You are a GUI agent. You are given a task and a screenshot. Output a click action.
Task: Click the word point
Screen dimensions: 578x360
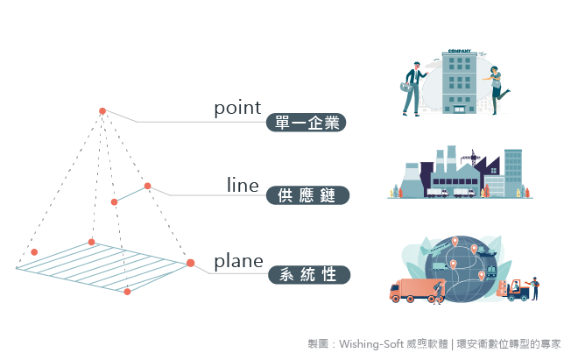pyautogui.click(x=237, y=109)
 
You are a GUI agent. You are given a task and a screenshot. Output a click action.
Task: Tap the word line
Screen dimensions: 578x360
pyautogui.click(x=243, y=185)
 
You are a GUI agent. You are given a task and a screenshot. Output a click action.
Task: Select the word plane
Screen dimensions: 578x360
pyautogui.click(x=238, y=262)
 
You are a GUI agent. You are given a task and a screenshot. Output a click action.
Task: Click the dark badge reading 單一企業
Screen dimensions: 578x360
pyautogui.click(x=306, y=123)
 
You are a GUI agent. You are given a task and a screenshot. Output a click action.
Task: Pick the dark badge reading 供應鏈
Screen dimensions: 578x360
pyautogui.click(x=307, y=195)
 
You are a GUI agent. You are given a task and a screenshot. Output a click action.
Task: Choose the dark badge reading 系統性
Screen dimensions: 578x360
pyautogui.click(x=309, y=275)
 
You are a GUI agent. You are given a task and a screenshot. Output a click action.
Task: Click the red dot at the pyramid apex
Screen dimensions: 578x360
pyautogui.click(x=102, y=111)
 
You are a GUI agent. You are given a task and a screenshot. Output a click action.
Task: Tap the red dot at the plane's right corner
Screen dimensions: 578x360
pyautogui.click(x=191, y=263)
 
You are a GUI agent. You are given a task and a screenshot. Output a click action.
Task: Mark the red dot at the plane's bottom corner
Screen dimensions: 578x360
pyautogui.click(x=127, y=292)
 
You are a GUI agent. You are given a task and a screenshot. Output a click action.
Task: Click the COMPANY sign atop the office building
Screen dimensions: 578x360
pyautogui.click(x=459, y=51)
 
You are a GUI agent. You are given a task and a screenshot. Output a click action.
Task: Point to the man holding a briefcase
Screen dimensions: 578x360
pyautogui.click(x=412, y=88)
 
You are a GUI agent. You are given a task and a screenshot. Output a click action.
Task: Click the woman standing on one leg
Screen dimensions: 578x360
pyautogui.click(x=497, y=89)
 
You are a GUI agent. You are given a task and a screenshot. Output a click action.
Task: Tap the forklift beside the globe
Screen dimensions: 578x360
pyautogui.click(x=513, y=291)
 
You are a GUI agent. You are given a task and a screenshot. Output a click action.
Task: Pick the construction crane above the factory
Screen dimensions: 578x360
pyautogui.click(x=471, y=158)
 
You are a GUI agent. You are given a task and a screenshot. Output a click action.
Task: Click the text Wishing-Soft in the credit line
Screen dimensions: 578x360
pyautogui.click(x=371, y=344)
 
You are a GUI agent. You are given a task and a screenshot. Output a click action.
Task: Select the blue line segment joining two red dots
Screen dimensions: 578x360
pyautogui.click(x=130, y=194)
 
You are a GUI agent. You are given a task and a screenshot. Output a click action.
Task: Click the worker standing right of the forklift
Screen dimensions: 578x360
pyautogui.click(x=534, y=287)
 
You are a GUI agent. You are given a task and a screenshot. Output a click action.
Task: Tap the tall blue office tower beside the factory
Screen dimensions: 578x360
pyautogui.click(x=513, y=173)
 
